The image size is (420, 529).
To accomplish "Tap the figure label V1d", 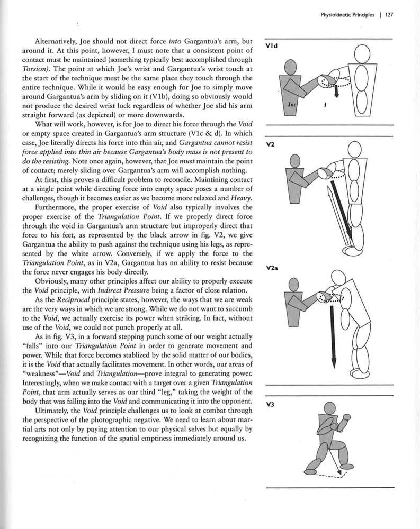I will point(271,46).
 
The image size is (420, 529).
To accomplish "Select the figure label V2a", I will point(272,268).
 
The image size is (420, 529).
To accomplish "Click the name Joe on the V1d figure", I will point(292,105).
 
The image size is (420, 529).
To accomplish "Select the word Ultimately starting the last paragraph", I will point(54,409).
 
